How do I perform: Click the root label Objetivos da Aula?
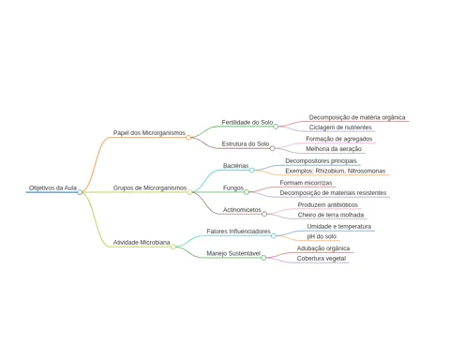pyautogui.click(x=52, y=187)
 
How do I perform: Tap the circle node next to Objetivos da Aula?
pyautogui.click(x=80, y=192)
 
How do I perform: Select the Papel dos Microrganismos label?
pyautogui.click(x=149, y=133)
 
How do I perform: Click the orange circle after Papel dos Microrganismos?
pyautogui.click(x=188, y=138)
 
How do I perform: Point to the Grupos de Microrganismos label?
pyautogui.click(x=150, y=187)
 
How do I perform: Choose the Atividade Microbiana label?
pyautogui.click(x=142, y=242)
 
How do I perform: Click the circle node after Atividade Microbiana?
pyautogui.click(x=173, y=247)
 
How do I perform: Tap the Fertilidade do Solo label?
pyautogui.click(x=247, y=122)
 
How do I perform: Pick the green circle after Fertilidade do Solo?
pyautogui.click(x=276, y=127)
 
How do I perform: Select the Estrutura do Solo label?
pyautogui.click(x=246, y=143)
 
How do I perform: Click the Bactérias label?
pyautogui.click(x=235, y=166)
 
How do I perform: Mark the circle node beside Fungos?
pyautogui.click(x=247, y=192)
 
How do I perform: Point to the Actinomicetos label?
pyautogui.click(x=242, y=210)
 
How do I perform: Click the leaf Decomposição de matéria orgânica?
pyautogui.click(x=357, y=117)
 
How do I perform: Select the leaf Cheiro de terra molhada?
pyautogui.click(x=331, y=215)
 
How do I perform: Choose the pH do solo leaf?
pyautogui.click(x=322, y=236)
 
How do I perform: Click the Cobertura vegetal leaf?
pyautogui.click(x=322, y=259)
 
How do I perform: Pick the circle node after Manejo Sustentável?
pyautogui.click(x=263, y=258)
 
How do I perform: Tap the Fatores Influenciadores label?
pyautogui.click(x=238, y=232)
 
